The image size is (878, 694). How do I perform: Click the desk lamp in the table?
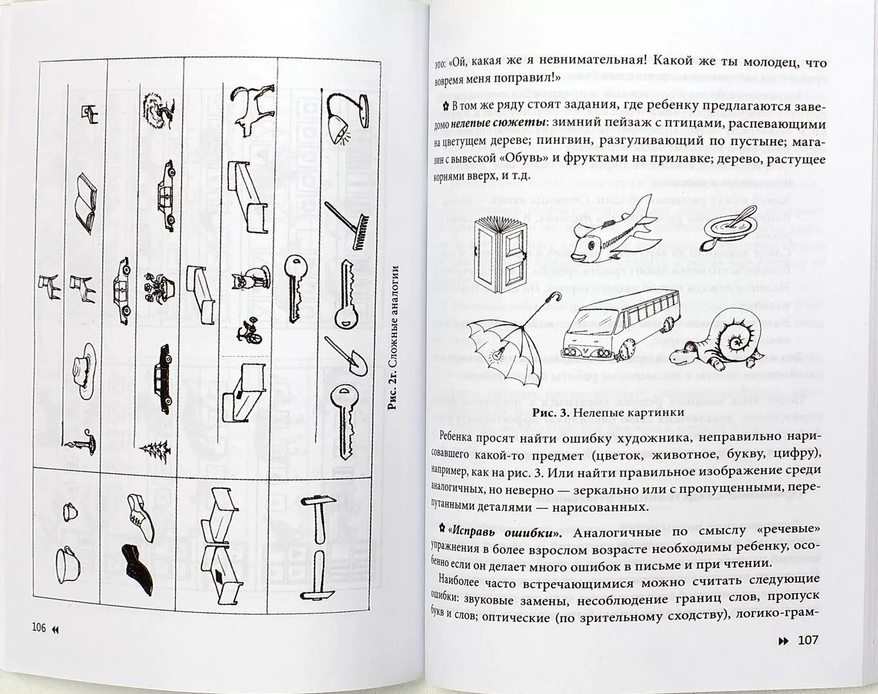344,117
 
